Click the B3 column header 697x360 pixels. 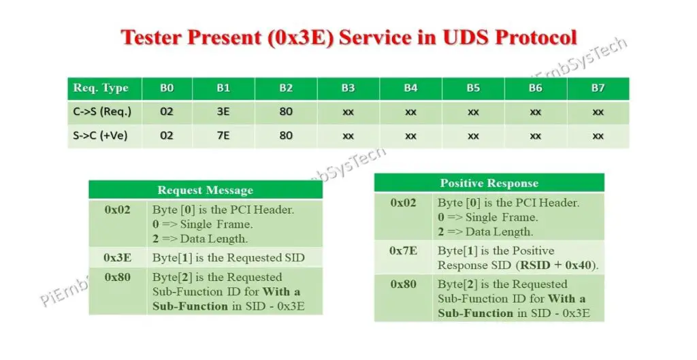pos(348,88)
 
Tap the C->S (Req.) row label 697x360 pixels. pos(102,112)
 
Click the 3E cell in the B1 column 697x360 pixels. pos(223,112)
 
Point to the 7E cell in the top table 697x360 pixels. pos(223,135)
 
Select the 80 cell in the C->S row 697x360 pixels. pos(286,112)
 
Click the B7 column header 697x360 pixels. pos(598,88)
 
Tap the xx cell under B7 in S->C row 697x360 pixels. pos(598,135)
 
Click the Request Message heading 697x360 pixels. pos(205,190)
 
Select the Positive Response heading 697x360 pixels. pos(489,183)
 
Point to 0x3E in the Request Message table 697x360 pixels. pos(117,258)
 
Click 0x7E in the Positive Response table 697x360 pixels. pos(403,250)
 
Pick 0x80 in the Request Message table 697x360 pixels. pos(117,277)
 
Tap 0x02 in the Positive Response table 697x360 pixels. pos(403,203)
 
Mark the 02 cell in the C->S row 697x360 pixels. pos(167,112)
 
